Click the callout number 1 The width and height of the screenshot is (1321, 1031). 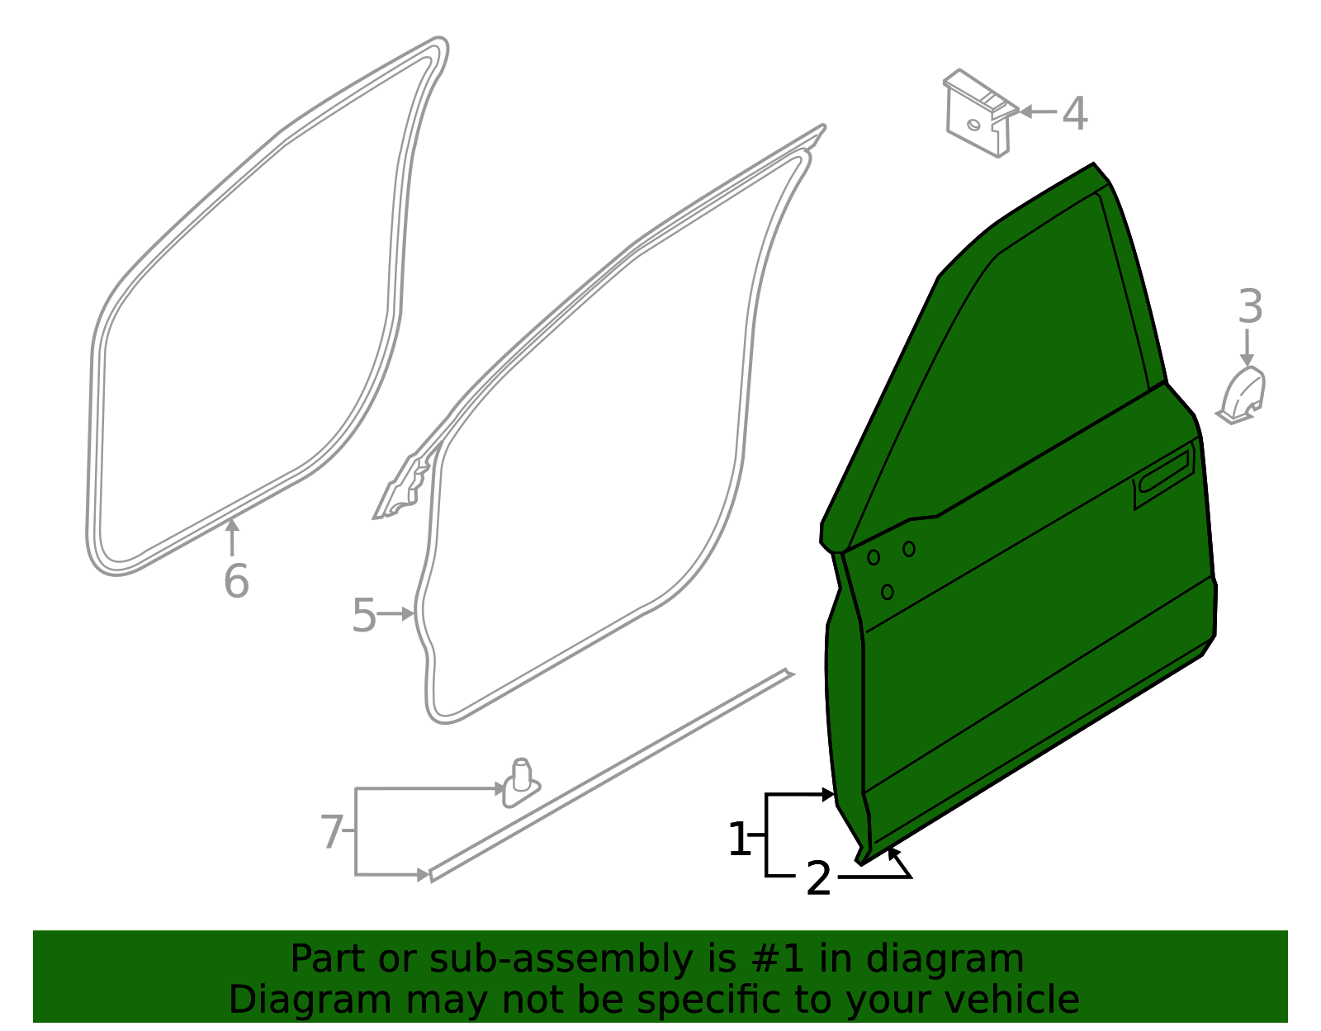coord(739,839)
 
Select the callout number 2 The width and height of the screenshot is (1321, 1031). coord(818,878)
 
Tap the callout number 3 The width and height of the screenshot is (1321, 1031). coord(1250,307)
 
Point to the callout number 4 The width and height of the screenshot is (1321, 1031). coord(1074,114)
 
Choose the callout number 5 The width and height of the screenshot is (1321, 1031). coord(363,616)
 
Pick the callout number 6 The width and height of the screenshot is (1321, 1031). coord(236,582)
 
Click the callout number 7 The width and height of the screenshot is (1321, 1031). coord(331,832)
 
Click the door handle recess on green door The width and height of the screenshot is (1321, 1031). coord(1164,477)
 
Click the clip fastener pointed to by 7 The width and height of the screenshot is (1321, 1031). coord(521,782)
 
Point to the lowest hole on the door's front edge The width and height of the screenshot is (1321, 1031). coord(887,592)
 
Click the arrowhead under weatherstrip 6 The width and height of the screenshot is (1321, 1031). coord(232,526)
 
